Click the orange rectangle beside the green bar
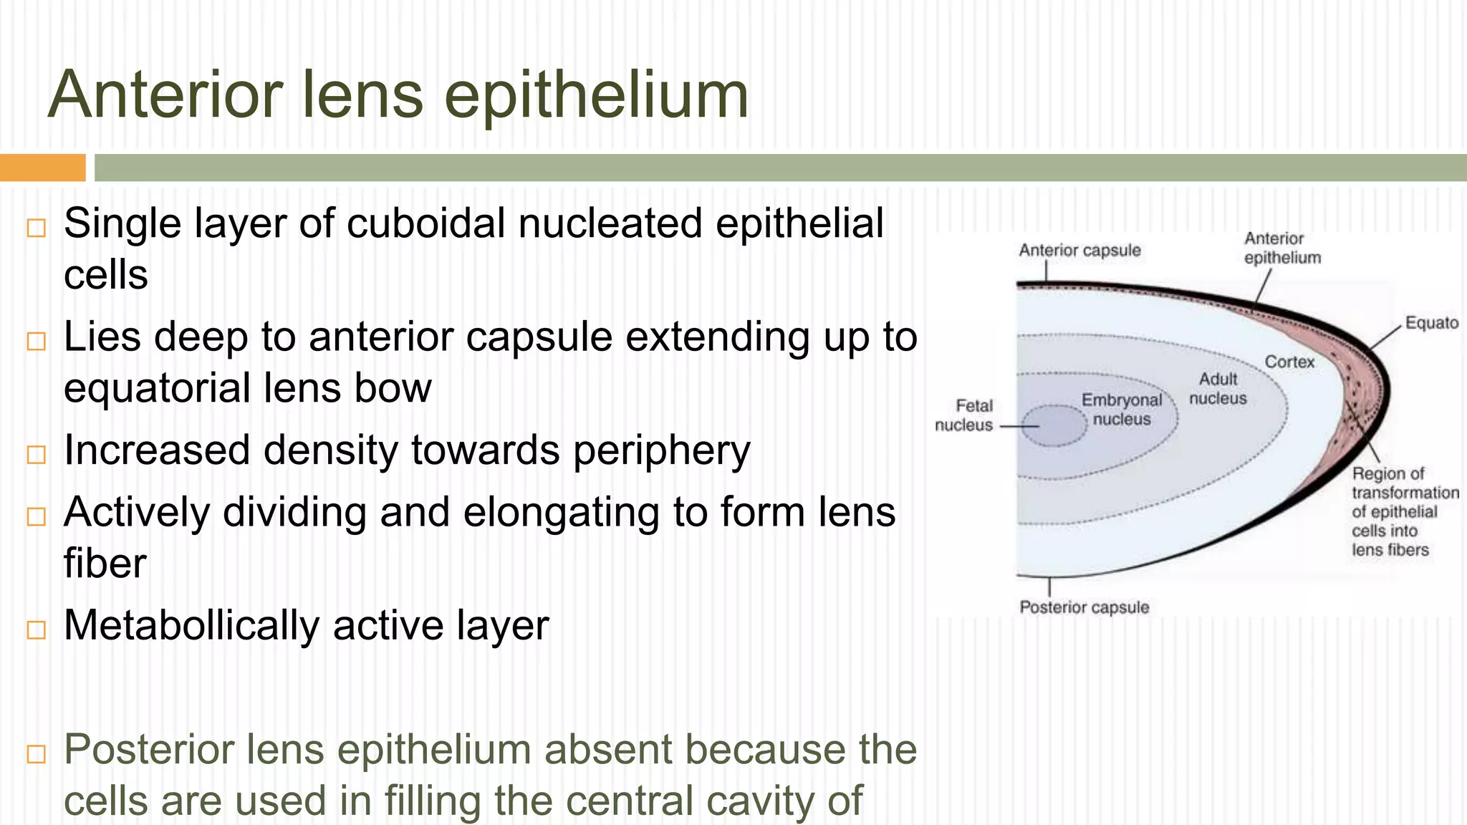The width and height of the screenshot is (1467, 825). click(42, 168)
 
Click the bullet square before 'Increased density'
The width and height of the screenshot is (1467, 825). click(36, 454)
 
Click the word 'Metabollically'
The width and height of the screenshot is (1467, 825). click(191, 625)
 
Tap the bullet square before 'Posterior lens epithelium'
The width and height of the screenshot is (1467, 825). click(36, 753)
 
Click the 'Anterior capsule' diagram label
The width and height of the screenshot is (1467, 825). click(1079, 251)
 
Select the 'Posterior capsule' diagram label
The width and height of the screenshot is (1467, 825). click(1084, 607)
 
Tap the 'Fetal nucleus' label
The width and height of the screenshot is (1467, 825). click(965, 415)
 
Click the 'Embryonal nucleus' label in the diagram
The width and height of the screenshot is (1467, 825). click(1122, 410)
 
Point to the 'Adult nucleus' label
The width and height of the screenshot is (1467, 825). click(1218, 388)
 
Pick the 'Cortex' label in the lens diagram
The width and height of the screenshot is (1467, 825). click(1289, 362)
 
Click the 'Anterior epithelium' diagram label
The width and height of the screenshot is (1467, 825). click(1282, 248)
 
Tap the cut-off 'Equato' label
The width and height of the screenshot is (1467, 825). click(1431, 323)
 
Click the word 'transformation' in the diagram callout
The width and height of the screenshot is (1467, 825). click(1405, 493)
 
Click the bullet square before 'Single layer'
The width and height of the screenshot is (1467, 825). click(36, 228)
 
